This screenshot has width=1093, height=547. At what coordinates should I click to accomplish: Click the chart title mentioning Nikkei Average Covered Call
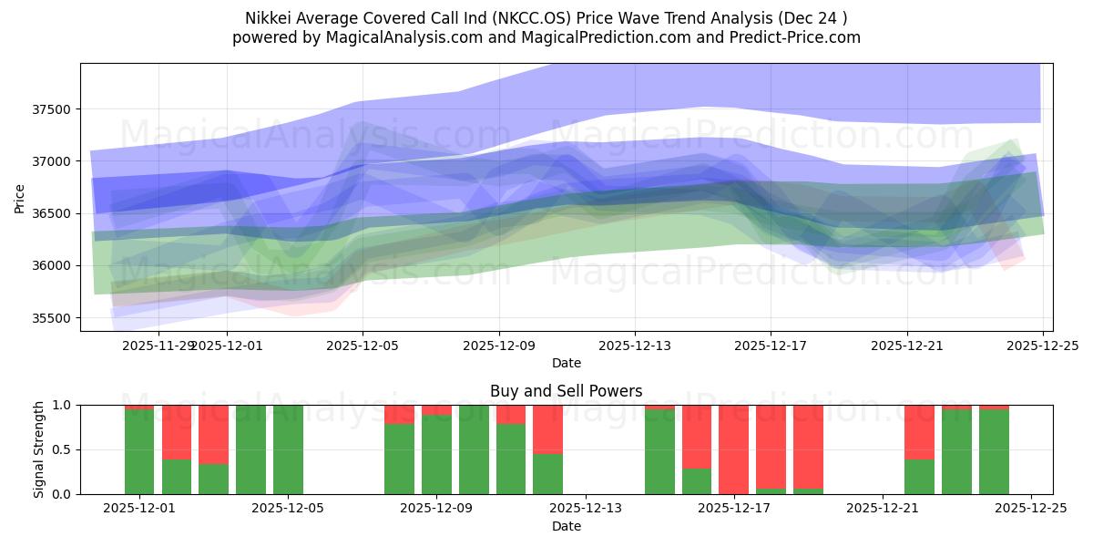tap(546, 18)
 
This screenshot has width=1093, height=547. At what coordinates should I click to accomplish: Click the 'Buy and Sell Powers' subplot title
tap(566, 391)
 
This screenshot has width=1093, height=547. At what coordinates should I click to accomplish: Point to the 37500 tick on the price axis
tap(57, 109)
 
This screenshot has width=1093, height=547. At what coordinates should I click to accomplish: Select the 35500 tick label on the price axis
tap(57, 318)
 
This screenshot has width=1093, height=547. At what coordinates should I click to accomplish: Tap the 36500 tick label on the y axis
tap(57, 213)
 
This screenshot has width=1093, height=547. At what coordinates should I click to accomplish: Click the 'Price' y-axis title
tap(20, 197)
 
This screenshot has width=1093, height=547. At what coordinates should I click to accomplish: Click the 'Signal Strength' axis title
tap(39, 449)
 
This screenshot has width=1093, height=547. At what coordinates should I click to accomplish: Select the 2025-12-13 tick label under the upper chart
tap(634, 346)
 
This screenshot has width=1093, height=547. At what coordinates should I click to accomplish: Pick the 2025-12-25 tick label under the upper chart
tap(1043, 346)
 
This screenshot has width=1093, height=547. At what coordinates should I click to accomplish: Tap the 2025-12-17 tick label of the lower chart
tap(733, 510)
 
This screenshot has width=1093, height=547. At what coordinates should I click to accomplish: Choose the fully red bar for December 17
tap(733, 449)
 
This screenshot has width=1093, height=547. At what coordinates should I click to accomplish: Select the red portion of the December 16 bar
tap(697, 436)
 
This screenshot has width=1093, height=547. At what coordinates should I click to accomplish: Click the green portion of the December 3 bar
tap(213, 479)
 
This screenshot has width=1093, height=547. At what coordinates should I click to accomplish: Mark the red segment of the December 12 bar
tap(547, 428)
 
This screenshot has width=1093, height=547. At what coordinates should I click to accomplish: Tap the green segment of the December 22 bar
tap(919, 476)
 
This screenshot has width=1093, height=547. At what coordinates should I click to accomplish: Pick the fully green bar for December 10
tap(474, 449)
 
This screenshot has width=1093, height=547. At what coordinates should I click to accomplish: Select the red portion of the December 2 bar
tap(177, 431)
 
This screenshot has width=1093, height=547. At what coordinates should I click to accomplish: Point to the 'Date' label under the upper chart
tap(566, 363)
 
